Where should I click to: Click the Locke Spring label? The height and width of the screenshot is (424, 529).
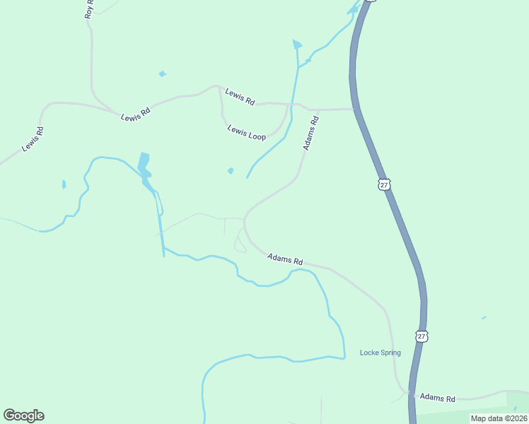pos(380,353)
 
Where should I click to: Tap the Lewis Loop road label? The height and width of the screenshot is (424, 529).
pos(247,132)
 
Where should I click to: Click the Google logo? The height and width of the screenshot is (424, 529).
pos(23,416)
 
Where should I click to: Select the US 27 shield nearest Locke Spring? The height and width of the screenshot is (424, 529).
pos(422,336)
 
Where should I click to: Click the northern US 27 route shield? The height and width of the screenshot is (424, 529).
pos(383,184)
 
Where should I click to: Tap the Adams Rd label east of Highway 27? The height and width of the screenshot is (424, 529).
pos(437,399)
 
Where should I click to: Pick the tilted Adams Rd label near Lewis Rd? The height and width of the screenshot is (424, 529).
pos(311,133)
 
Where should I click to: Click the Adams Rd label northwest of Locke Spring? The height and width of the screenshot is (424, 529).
pos(285,259)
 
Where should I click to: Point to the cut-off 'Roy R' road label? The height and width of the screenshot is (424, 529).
pos(88,9)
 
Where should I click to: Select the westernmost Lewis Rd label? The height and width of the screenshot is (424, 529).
pos(33,139)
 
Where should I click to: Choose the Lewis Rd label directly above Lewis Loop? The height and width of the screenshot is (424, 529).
pos(240,97)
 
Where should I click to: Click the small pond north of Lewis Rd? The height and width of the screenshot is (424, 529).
pos(163,73)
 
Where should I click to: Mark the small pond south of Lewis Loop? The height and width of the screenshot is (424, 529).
pos(231,170)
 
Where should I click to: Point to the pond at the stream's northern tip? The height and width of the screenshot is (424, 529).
pos(297,45)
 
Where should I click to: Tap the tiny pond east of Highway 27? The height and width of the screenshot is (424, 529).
pos(484,318)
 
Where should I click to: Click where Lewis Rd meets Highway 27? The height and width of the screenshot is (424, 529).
pos(354,110)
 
